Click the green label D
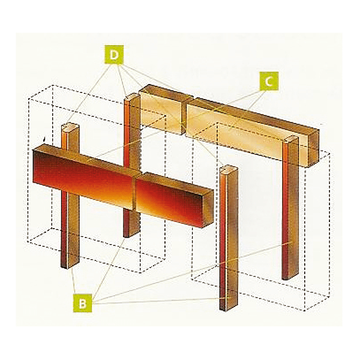[114, 55]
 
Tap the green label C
[269, 81]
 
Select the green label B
[83, 303]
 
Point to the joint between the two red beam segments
[135, 190]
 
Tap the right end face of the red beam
[208, 209]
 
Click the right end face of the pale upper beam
[313, 148]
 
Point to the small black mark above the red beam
[44, 139]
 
